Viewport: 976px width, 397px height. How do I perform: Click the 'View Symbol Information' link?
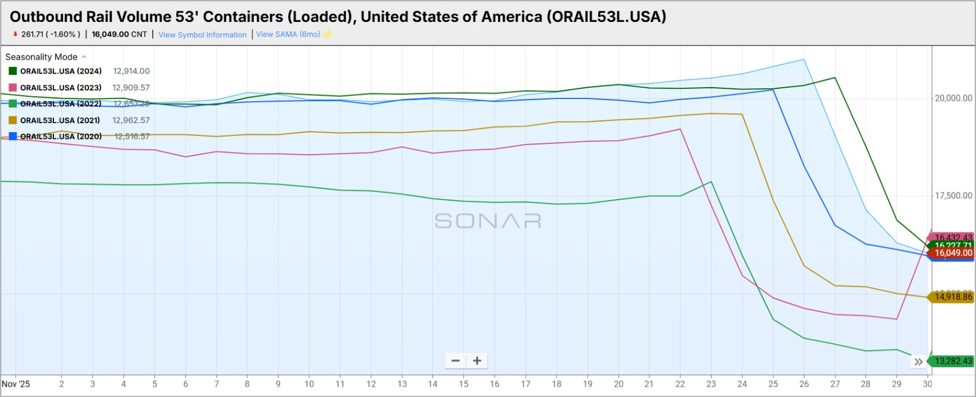tap(202, 35)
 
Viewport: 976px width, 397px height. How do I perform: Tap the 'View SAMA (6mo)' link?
tap(288, 34)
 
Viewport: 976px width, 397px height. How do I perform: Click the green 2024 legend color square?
tap(13, 71)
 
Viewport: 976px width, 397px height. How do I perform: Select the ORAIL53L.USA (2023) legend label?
tap(61, 88)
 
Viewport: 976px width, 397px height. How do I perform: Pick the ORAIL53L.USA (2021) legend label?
tap(60, 120)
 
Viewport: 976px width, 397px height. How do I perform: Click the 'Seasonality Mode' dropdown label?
tap(42, 57)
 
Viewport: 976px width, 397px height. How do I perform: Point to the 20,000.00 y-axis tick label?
tap(953, 98)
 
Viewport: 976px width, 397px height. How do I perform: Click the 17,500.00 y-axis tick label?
tap(953, 196)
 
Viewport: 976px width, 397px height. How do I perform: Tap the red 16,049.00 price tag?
tap(952, 253)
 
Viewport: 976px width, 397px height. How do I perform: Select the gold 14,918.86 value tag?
tap(953, 296)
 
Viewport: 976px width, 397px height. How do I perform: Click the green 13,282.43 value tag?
tap(953, 361)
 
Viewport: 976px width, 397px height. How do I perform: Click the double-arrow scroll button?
tap(918, 362)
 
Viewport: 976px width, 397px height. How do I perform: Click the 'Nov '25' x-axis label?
tap(16, 384)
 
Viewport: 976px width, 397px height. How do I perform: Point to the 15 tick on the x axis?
tap(463, 384)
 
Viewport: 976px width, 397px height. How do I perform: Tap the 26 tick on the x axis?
tap(804, 384)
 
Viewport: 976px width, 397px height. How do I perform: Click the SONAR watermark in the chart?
tap(488, 221)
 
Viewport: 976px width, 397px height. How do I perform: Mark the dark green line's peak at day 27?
tap(835, 78)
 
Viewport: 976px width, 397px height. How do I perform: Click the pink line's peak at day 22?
tap(680, 129)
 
